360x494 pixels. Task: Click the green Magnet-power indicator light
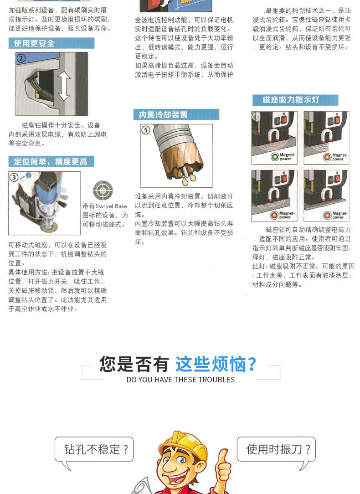(275, 157)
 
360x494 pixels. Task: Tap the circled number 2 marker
(21, 58)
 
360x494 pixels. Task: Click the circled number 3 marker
(14, 177)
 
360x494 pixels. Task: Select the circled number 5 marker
(145, 130)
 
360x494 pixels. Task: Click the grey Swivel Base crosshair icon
(103, 190)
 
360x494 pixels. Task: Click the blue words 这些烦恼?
(216, 364)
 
